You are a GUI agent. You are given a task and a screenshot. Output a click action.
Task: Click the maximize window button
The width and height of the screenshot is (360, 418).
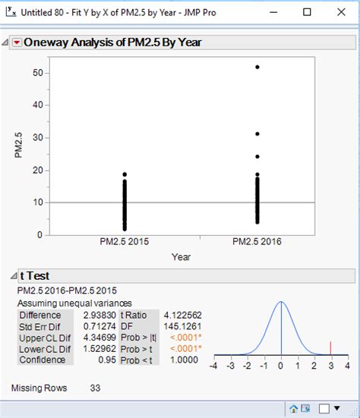[x=307, y=12]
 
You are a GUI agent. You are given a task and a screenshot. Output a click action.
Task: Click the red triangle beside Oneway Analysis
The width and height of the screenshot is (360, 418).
[x=17, y=43]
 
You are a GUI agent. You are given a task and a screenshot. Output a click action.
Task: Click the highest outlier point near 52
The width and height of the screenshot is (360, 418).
[x=257, y=68]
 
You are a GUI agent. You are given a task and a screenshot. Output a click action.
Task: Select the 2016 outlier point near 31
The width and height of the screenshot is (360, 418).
[x=257, y=134]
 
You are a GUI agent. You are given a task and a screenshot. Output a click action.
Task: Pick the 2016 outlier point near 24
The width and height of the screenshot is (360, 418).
[x=257, y=157]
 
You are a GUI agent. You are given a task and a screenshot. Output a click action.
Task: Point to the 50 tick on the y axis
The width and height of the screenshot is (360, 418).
[x=37, y=72]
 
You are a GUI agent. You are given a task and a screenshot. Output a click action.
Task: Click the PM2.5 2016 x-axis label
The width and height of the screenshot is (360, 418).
[x=257, y=242]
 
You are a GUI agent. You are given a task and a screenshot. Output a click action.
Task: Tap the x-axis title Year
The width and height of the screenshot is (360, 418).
[x=181, y=256]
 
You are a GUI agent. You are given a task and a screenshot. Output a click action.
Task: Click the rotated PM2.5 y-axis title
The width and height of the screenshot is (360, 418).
[x=18, y=146]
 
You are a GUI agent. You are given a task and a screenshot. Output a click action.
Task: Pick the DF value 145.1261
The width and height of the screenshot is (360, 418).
[x=178, y=326]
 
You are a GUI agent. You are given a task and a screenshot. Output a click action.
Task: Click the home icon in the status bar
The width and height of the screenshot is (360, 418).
[x=294, y=409]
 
